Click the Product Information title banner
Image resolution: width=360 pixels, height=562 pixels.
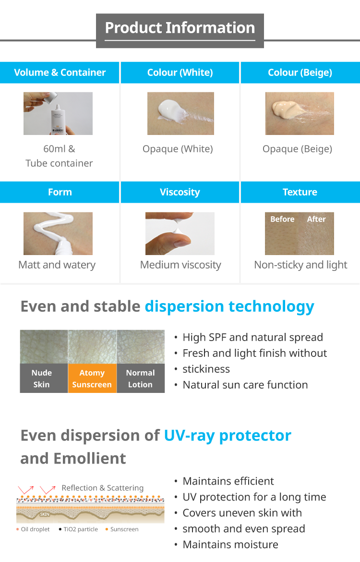pyautogui.click(x=180, y=31)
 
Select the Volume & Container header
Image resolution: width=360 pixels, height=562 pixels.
pyautogui.click(x=60, y=73)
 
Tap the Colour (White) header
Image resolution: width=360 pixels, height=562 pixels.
pyautogui.click(x=180, y=73)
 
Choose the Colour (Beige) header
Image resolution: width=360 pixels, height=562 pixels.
pyautogui.click(x=300, y=73)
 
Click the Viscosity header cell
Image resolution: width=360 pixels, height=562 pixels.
pyautogui.click(x=180, y=192)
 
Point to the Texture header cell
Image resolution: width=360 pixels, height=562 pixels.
pyautogui.click(x=300, y=192)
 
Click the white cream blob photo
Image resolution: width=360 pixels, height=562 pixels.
pyautogui.click(x=180, y=114)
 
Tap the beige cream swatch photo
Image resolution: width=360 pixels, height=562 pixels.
pyautogui.click(x=300, y=114)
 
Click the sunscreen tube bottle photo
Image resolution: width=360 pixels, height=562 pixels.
pyautogui.click(x=58, y=114)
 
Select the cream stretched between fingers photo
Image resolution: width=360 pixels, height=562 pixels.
pyautogui.click(x=180, y=234)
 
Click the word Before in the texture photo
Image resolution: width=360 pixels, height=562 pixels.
pyautogui.click(x=282, y=219)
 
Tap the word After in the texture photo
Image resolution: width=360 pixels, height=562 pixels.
pyautogui.click(x=316, y=219)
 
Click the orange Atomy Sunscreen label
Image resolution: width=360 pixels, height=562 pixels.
pyautogui.click(x=92, y=379)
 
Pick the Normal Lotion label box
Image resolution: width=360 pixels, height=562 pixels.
pyautogui.click(x=141, y=379)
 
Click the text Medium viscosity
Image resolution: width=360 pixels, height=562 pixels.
pyautogui.click(x=180, y=265)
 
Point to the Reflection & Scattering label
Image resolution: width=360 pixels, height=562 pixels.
pyautogui.click(x=102, y=488)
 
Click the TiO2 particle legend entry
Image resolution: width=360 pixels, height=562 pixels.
pyautogui.click(x=78, y=529)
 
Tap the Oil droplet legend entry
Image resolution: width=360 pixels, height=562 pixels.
pyautogui.click(x=33, y=529)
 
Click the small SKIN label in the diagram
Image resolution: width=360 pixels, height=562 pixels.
pyautogui.click(x=45, y=514)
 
